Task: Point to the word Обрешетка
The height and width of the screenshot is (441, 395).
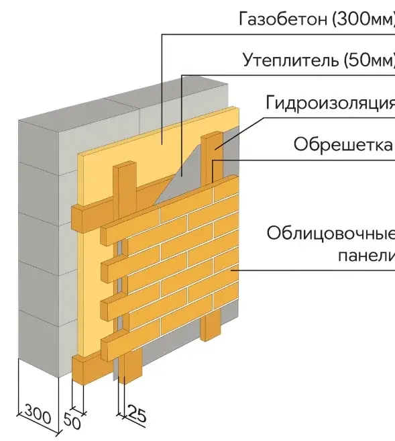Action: click(x=343, y=144)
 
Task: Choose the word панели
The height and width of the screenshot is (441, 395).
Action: click(x=365, y=256)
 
